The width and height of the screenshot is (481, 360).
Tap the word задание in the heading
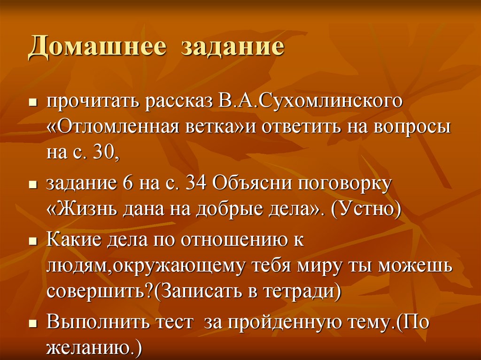[x=233, y=48]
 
